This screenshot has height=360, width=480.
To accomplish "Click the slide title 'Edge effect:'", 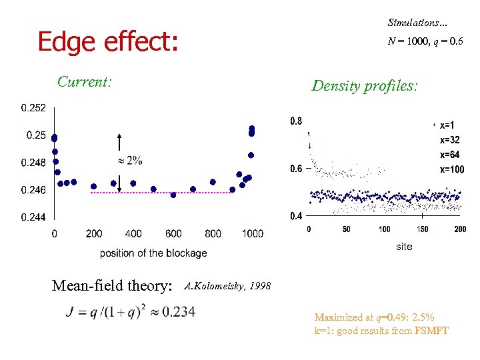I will point(108,41).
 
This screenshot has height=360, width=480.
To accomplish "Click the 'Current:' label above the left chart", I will point(84,82).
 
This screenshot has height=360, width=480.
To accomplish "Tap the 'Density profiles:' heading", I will point(365,85).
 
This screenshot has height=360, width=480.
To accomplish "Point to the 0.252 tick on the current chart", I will point(33,107).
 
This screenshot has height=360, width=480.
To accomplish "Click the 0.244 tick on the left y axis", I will point(33,217).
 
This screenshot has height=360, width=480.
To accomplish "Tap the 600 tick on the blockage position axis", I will point(173,234).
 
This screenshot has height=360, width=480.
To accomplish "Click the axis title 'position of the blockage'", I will point(153,253).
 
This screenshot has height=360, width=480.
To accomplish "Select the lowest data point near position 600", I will point(173,195).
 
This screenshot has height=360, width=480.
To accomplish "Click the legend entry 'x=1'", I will point(447,125).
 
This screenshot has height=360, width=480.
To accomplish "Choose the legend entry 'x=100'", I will point(451,169).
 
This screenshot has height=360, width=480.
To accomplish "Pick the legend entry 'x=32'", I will point(449,140).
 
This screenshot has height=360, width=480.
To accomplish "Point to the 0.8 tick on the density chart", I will point(295,121).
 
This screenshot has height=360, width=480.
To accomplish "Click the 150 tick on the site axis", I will point(423,229).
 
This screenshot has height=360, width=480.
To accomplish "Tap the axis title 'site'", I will point(404,247).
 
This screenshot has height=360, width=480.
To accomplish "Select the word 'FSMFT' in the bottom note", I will point(432,331).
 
